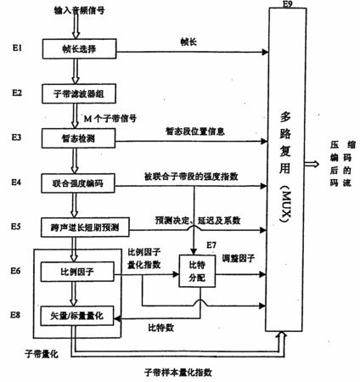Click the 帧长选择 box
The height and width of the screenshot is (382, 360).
(79, 48)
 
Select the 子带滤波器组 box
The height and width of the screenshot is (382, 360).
(79, 93)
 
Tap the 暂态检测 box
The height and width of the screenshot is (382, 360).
(78, 138)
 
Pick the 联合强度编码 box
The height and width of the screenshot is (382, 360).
(78, 183)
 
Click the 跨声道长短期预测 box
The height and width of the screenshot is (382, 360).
(85, 228)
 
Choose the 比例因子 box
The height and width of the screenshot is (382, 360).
(77, 272)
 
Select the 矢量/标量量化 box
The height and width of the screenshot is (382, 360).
(77, 316)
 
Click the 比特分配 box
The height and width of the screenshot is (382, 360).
(197, 271)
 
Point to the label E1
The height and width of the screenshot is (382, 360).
(17, 48)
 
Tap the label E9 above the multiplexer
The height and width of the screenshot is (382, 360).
(287, 3)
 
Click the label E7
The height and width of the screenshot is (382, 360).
(211, 244)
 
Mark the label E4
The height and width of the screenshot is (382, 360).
(16, 183)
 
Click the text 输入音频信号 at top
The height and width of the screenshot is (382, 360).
(80, 10)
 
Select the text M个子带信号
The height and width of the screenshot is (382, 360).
(110, 118)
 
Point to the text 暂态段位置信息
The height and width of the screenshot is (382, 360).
(195, 132)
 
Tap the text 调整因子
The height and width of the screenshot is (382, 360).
(239, 258)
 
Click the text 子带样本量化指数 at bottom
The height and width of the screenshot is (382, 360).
(178, 372)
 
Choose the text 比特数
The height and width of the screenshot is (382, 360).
(161, 328)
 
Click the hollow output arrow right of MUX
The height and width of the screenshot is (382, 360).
(312, 164)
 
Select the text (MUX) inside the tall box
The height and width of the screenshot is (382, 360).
(286, 203)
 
